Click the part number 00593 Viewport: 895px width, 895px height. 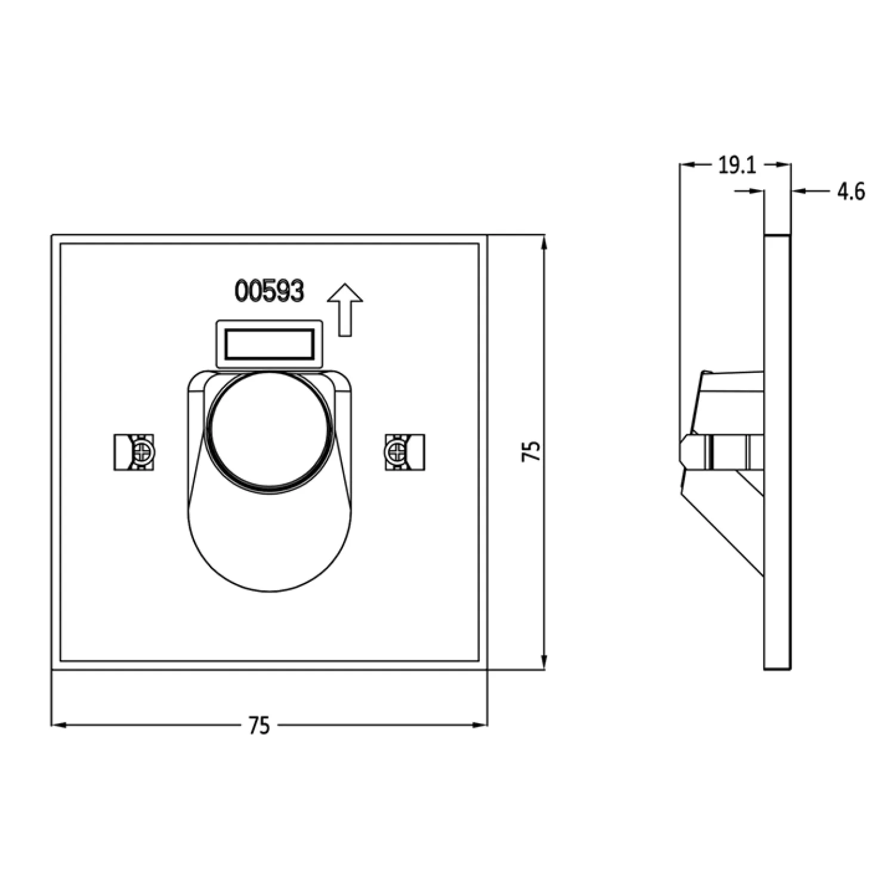(x=269, y=291)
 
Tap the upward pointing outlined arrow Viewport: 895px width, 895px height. (x=345, y=309)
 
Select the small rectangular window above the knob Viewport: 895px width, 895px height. (x=270, y=344)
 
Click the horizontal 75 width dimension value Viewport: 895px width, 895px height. (x=259, y=726)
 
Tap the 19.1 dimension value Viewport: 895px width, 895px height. (x=736, y=165)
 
